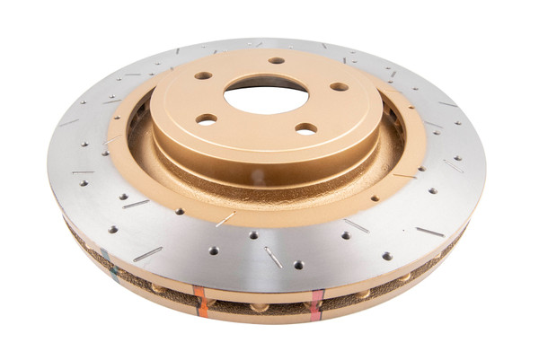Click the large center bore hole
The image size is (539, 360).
[266, 97]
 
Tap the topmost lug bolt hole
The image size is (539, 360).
[277, 61]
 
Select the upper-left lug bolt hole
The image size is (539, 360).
[204, 75]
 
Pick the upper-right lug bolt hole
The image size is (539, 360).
[339, 87]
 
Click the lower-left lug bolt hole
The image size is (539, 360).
[207, 119]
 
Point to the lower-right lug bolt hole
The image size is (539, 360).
[306, 128]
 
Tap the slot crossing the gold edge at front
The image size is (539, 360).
[225, 218]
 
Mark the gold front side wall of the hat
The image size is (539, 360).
[261, 166]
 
